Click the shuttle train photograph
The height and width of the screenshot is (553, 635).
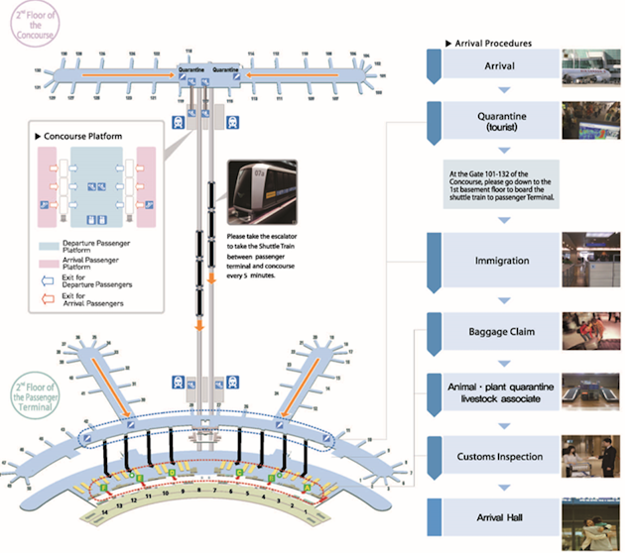tap(260, 194)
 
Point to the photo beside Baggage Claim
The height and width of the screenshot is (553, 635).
tap(593, 330)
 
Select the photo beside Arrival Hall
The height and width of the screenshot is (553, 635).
tap(593, 519)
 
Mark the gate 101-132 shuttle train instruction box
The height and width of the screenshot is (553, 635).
tap(502, 185)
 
